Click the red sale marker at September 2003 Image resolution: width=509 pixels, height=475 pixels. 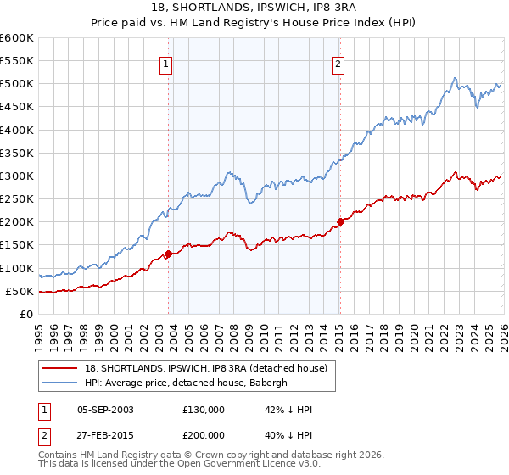[x=168, y=254]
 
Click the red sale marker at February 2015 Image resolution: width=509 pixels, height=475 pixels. [x=339, y=221]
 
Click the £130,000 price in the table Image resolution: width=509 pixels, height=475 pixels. [x=203, y=410]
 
